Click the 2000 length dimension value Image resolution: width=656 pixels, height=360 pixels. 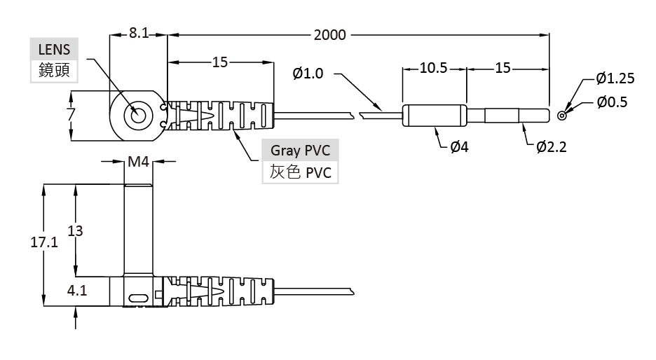tap(329, 34)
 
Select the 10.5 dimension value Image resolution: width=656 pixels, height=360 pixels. tap(433, 69)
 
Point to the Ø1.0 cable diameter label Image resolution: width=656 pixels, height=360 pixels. tap(309, 73)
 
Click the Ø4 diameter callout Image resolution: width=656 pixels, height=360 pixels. tap(459, 147)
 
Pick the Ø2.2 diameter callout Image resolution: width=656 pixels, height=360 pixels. tap(550, 147)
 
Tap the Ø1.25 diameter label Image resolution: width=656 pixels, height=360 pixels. tap(615, 78)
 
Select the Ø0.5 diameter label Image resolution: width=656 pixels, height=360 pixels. tap(612, 102)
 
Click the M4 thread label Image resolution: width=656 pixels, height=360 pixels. tap(138, 162)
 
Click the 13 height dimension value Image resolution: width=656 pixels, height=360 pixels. tap(75, 231)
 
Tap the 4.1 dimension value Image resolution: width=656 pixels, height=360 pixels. tap(77, 291)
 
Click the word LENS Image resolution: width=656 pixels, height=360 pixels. tap(55, 50)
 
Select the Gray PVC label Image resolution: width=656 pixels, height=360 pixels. tap(299, 151)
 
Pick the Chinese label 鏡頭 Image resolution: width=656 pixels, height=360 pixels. tap(54, 70)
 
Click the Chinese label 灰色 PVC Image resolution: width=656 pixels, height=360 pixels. tap(299, 172)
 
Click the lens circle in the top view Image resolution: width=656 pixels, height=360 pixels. tap(137, 115)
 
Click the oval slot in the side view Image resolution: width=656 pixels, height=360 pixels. tap(138, 297)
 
